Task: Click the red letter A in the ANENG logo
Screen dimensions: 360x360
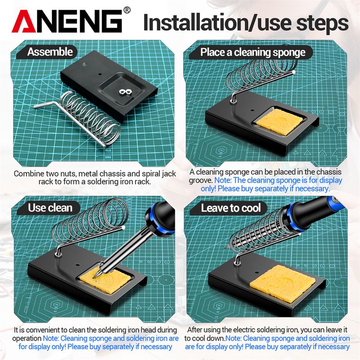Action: pos(24,22)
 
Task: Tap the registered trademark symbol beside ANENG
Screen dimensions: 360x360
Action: pos(127,10)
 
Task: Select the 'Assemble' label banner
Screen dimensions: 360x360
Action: pos(47,52)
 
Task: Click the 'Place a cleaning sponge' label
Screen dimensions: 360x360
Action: pos(251,52)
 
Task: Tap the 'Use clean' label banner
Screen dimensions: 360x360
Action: pos(48,208)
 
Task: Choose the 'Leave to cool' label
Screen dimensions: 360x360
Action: pos(229,208)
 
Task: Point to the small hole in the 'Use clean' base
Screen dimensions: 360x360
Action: pos(77,265)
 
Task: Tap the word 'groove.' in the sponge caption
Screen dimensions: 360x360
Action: pos(201,180)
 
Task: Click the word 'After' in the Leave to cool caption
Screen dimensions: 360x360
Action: pos(195,330)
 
